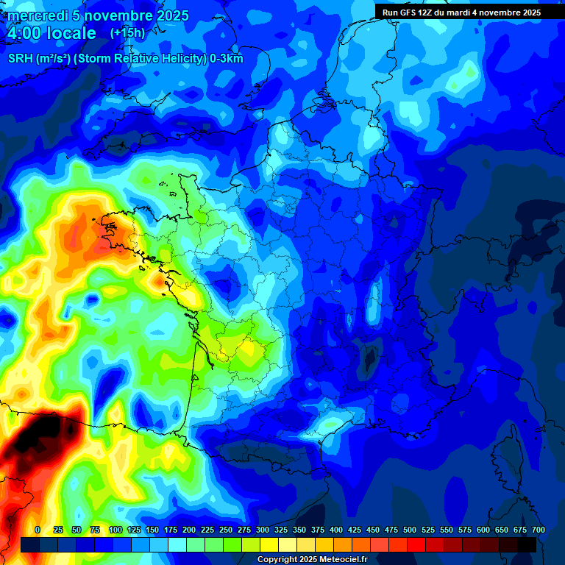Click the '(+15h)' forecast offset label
[x=127, y=33]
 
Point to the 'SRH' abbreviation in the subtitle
[x=21, y=59]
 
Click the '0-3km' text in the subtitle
[x=226, y=59]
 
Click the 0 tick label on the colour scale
[x=37, y=530]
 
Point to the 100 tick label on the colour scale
[x=116, y=530]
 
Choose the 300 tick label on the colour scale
[x=263, y=530]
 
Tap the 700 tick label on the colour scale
[x=538, y=530]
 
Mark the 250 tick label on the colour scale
[x=226, y=530]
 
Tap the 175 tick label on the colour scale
[x=171, y=530]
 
